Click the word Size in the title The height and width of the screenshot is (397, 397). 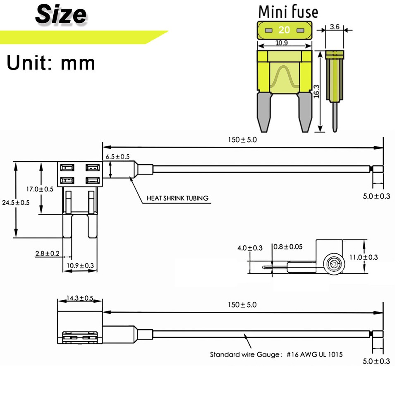60,14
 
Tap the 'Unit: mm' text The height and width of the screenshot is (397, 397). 51,63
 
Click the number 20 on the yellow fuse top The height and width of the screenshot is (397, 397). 284,30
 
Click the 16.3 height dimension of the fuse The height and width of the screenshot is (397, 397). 316,91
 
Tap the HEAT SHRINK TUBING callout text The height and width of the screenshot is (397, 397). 178,198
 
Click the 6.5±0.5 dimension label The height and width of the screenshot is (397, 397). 118,157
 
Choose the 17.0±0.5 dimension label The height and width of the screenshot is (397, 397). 40,189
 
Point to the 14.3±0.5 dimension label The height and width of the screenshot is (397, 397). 80,298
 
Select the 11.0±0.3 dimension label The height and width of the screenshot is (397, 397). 364,257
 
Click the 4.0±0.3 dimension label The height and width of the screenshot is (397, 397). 250,248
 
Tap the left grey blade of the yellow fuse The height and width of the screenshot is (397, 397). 264,111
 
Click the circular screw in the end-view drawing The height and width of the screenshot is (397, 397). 332,264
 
